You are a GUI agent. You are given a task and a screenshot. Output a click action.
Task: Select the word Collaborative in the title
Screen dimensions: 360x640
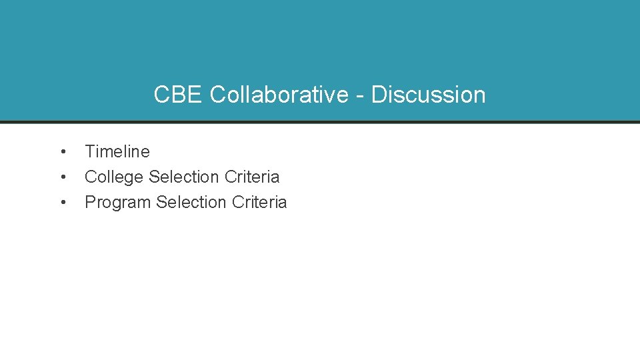[x=279, y=95]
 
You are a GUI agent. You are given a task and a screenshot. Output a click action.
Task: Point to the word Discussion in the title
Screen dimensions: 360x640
[x=428, y=95]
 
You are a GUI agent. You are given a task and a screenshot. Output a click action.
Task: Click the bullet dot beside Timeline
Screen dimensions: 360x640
[x=62, y=152]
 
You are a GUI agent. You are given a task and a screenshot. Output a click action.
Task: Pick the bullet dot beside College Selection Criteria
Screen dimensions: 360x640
[x=62, y=177]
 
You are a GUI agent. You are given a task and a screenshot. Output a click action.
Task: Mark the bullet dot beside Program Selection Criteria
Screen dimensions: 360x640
[x=62, y=203]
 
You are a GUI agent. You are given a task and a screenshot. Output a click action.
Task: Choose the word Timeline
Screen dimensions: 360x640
[x=117, y=152]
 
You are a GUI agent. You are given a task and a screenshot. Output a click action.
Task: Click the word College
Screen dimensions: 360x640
[x=114, y=177]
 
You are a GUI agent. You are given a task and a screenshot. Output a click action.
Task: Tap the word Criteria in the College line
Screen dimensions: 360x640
[x=252, y=177]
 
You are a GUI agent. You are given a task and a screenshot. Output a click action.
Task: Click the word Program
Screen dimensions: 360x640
[x=117, y=203]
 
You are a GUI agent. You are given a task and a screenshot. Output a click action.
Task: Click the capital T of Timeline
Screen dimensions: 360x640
[x=90, y=152]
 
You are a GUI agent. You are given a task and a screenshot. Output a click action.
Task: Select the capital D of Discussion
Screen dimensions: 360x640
[x=379, y=95]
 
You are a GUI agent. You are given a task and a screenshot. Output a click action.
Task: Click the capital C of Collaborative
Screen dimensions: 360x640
[x=219, y=95]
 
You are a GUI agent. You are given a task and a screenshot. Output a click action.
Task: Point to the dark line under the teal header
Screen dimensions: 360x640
[x=320, y=122]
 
